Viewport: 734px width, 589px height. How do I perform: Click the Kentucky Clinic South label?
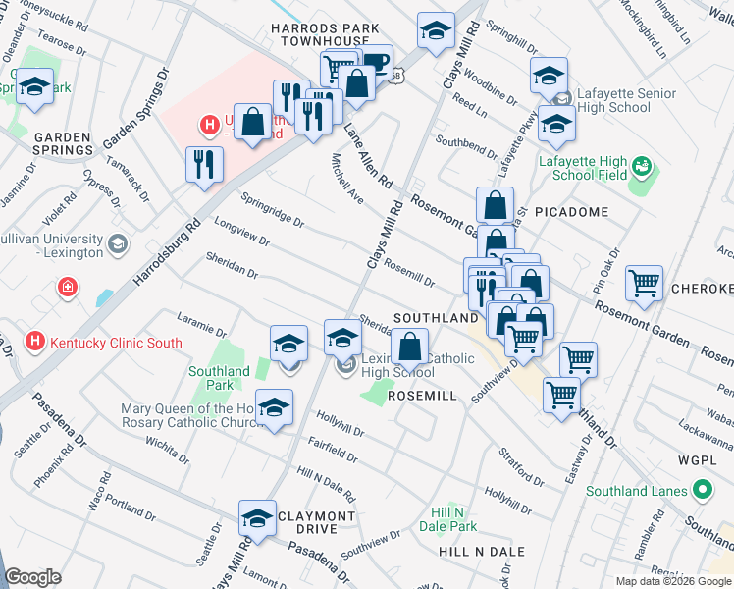click(x=116, y=343)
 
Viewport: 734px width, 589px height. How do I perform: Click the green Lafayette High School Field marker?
click(x=643, y=165)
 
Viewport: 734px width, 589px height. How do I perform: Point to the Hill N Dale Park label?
click(x=454, y=519)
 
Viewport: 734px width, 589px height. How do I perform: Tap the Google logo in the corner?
click(x=32, y=577)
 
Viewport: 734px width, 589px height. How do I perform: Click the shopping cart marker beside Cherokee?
click(x=644, y=284)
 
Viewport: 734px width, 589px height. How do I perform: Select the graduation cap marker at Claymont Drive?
click(x=257, y=517)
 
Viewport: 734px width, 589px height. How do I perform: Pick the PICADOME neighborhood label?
click(x=573, y=211)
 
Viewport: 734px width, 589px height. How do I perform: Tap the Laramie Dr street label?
click(x=201, y=319)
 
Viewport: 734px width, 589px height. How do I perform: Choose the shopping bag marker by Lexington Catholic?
click(x=409, y=347)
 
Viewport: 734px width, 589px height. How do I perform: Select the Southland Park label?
click(x=219, y=378)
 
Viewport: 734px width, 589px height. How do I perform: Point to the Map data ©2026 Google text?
click(x=672, y=581)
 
